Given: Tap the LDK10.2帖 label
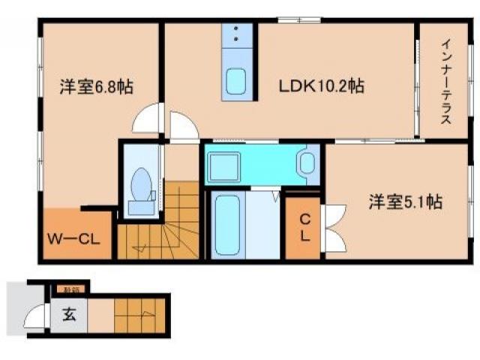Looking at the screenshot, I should [322, 87].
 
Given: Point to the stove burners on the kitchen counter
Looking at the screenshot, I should [238, 34].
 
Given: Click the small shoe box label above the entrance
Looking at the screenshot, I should [72, 289].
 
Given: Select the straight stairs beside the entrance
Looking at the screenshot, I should [139, 313].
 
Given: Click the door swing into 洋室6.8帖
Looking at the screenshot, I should [147, 120].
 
